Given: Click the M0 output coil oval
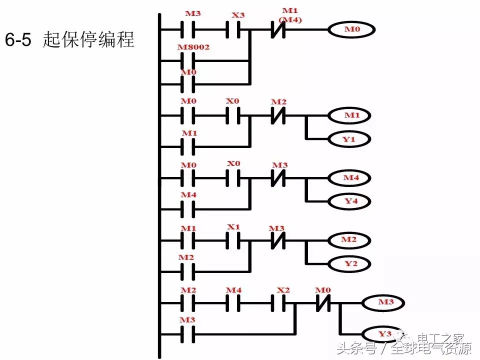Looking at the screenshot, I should pyautogui.click(x=351, y=30).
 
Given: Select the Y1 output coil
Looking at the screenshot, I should pyautogui.click(x=350, y=139).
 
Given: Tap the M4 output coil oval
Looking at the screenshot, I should pyautogui.click(x=350, y=177).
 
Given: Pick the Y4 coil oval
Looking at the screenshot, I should pyautogui.click(x=350, y=201).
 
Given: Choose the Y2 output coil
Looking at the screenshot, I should pyautogui.click(x=350, y=263).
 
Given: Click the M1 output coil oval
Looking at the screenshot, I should pyautogui.click(x=350, y=115).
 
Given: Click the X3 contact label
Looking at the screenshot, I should pyautogui.click(x=238, y=14).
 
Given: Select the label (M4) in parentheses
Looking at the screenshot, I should pyautogui.click(x=290, y=19).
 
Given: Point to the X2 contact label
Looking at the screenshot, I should pyautogui.click(x=283, y=290).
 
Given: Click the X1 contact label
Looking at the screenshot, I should pyautogui.click(x=233, y=227).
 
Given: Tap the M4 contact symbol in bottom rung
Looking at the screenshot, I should pyautogui.click(x=233, y=302).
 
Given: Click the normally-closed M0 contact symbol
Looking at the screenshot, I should pyautogui.click(x=323, y=302).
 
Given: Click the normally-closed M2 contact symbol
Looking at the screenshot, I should pyautogui.click(x=278, y=115).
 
